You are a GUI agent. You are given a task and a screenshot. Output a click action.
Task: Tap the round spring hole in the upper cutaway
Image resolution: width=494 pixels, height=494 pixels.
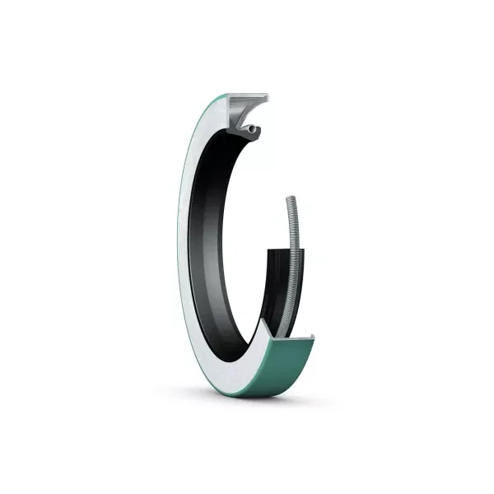[x=249, y=129]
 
